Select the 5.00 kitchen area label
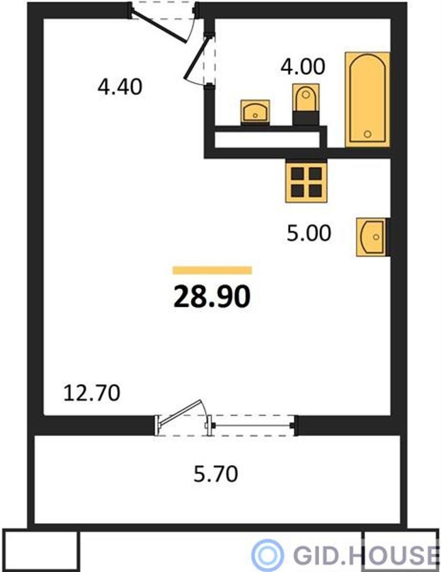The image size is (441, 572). [309, 233]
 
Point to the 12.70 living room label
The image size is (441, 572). [92, 393]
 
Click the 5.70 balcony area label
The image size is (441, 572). [216, 474]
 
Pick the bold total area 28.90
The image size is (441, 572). [212, 297]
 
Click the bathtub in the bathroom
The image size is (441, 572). [368, 99]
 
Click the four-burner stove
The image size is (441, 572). [306, 182]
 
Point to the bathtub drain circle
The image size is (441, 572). [368, 134]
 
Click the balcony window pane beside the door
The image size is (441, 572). [253, 425]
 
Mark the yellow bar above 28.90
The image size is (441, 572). [212, 270]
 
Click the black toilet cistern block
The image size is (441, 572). [306, 118]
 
